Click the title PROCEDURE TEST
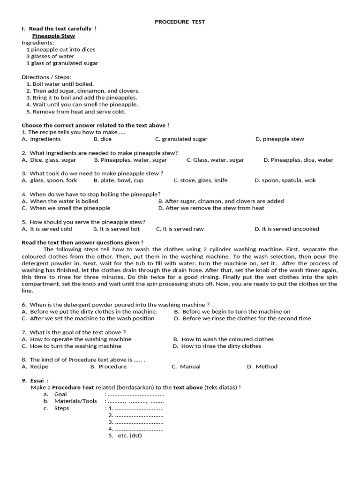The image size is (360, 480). (180, 22)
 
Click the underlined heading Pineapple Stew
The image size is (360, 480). (53, 36)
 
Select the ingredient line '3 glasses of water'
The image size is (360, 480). (50, 56)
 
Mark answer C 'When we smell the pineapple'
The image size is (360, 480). (66, 208)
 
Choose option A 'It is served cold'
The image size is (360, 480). (47, 229)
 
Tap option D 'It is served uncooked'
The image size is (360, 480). (286, 229)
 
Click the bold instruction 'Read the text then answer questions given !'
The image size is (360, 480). (82, 243)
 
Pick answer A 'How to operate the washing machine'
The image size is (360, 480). (76, 339)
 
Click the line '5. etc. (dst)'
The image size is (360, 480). (125, 435)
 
